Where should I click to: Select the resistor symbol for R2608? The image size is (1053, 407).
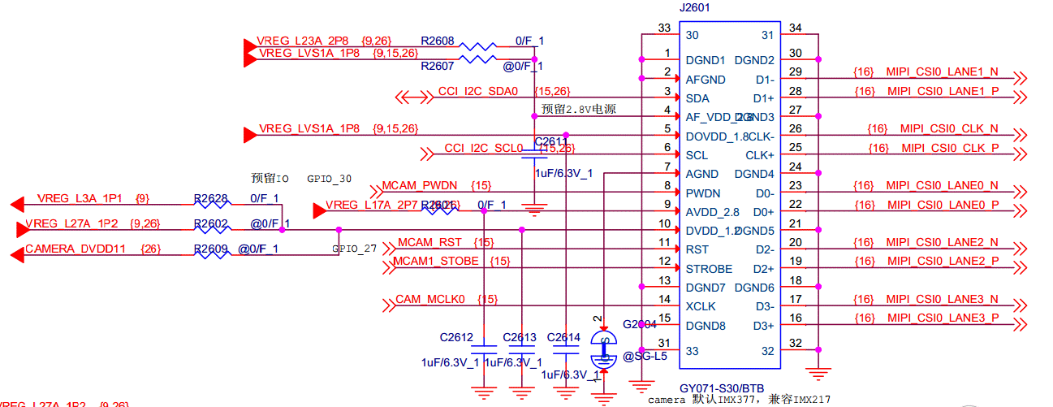pyautogui.click(x=478, y=47)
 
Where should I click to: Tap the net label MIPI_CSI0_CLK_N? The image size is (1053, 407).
pyautogui.click(x=948, y=129)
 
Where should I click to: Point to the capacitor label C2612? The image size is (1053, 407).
pyautogui.click(x=456, y=337)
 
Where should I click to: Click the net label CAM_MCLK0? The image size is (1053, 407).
pyautogui.click(x=430, y=300)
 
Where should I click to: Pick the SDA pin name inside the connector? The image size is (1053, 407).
pyautogui.click(x=697, y=98)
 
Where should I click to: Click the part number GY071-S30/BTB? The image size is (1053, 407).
pyautogui.click(x=721, y=388)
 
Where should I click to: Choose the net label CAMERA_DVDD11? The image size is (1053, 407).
pyautogui.click(x=76, y=249)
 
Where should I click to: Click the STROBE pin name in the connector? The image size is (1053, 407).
pyautogui.click(x=709, y=269)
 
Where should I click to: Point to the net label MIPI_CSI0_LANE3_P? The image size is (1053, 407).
pyautogui.click(x=943, y=318)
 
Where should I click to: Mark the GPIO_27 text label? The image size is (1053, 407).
pyautogui.click(x=354, y=249)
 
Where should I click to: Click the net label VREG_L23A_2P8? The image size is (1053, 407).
pyautogui.click(x=303, y=41)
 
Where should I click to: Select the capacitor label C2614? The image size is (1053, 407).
pyautogui.click(x=563, y=337)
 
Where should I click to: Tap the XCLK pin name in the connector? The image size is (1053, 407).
pyautogui.click(x=700, y=307)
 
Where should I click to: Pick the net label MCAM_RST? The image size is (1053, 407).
pyautogui.click(x=429, y=243)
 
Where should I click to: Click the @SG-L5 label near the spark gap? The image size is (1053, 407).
pyautogui.click(x=645, y=356)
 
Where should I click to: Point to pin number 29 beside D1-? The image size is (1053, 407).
pyautogui.click(x=796, y=73)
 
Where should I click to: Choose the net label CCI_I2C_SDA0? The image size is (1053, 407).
pyautogui.click(x=477, y=91)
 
